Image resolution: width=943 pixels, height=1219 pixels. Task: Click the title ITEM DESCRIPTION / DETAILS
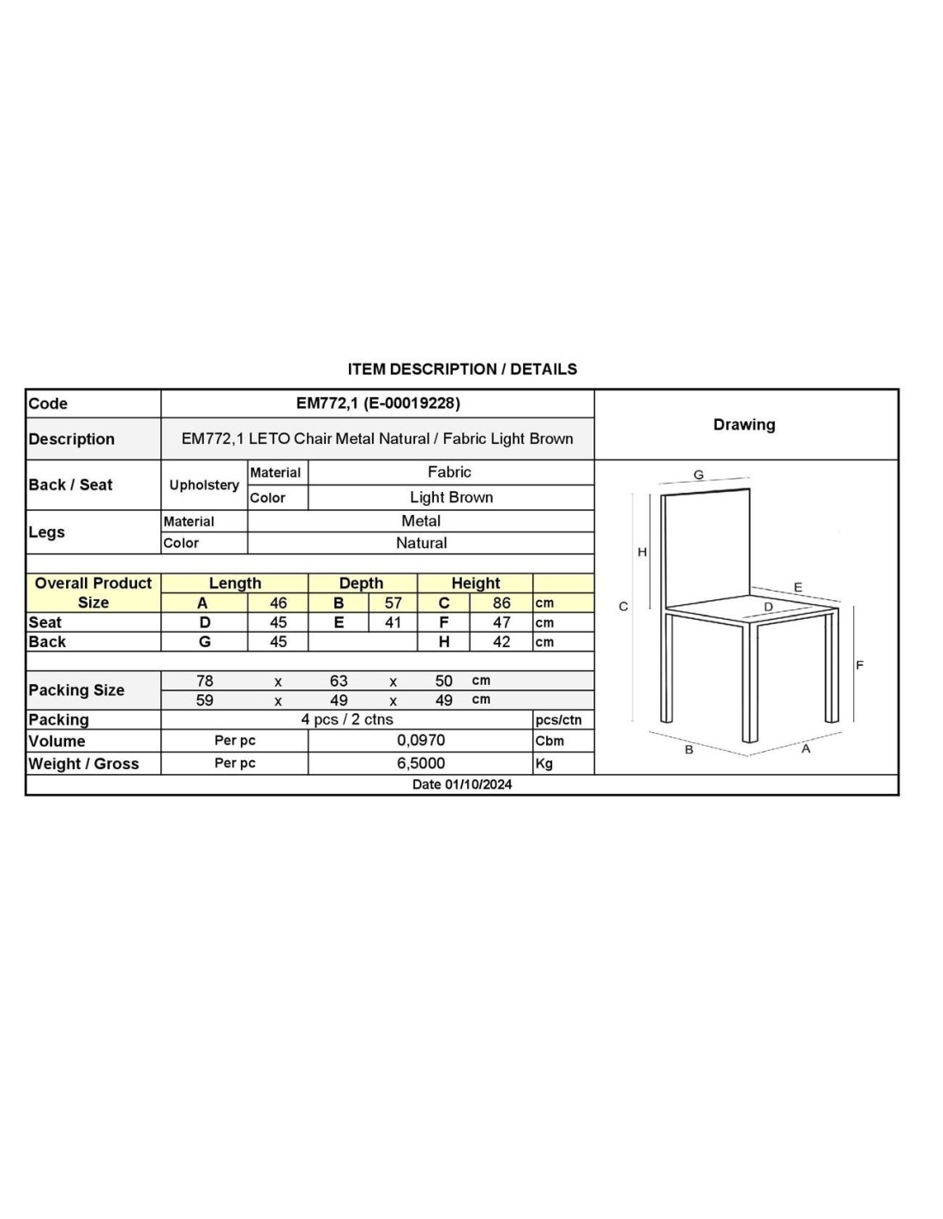462,369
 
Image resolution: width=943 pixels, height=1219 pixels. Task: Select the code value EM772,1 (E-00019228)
378,403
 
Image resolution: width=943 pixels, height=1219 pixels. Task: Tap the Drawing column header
744,424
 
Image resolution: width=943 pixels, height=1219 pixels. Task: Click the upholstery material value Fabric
449,472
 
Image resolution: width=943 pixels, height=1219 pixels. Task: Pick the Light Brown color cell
451,497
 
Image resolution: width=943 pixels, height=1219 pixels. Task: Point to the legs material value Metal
421,521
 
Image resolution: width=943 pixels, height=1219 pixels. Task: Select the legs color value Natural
421,543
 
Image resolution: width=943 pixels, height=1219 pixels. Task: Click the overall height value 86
502,603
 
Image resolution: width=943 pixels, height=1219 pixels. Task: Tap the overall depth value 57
393,603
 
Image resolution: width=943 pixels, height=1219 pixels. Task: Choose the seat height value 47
502,622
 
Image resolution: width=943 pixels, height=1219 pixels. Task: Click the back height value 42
502,642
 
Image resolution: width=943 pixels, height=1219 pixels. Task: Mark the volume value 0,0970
421,741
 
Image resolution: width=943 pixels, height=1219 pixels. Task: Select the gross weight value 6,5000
421,763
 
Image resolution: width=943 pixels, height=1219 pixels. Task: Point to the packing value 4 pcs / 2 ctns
347,719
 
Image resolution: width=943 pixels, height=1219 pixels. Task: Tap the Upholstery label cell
204,485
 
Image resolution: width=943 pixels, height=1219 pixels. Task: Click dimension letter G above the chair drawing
699,475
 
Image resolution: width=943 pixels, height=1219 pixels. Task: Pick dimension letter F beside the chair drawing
860,665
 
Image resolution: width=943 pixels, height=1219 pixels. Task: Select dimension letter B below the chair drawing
688,749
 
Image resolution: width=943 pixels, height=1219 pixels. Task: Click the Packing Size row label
76,690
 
